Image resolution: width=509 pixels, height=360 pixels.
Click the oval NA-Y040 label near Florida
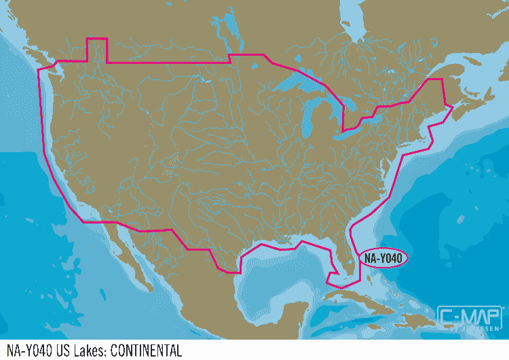coord(383,258)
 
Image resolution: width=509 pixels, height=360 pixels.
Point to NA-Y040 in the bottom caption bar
coord(25,351)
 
